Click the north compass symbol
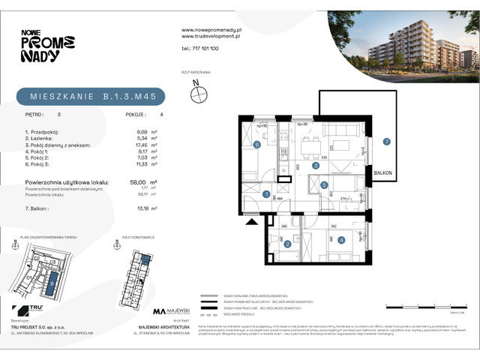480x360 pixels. pyautogui.click(x=199, y=94)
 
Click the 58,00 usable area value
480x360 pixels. pyautogui.click(x=139, y=182)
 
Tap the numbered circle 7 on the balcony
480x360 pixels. pyautogui.click(x=385, y=141)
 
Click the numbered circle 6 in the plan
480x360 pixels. pyautogui.click(x=256, y=145)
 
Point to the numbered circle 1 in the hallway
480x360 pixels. pyautogui.click(x=267, y=194)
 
